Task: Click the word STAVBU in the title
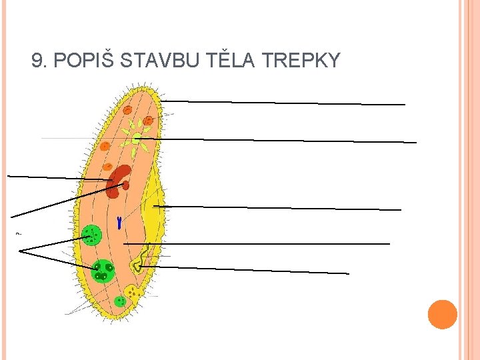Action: pos(161,61)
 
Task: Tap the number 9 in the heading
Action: pos(37,61)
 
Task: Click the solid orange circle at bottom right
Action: pos(443,315)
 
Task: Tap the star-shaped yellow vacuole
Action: pos(135,139)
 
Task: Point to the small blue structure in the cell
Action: pos(119,223)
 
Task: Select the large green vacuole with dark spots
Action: pos(103,270)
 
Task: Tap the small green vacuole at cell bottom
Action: pos(120,301)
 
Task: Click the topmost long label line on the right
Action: pos(283,103)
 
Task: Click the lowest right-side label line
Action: pos(247,269)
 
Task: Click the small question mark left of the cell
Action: pos(18,233)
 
